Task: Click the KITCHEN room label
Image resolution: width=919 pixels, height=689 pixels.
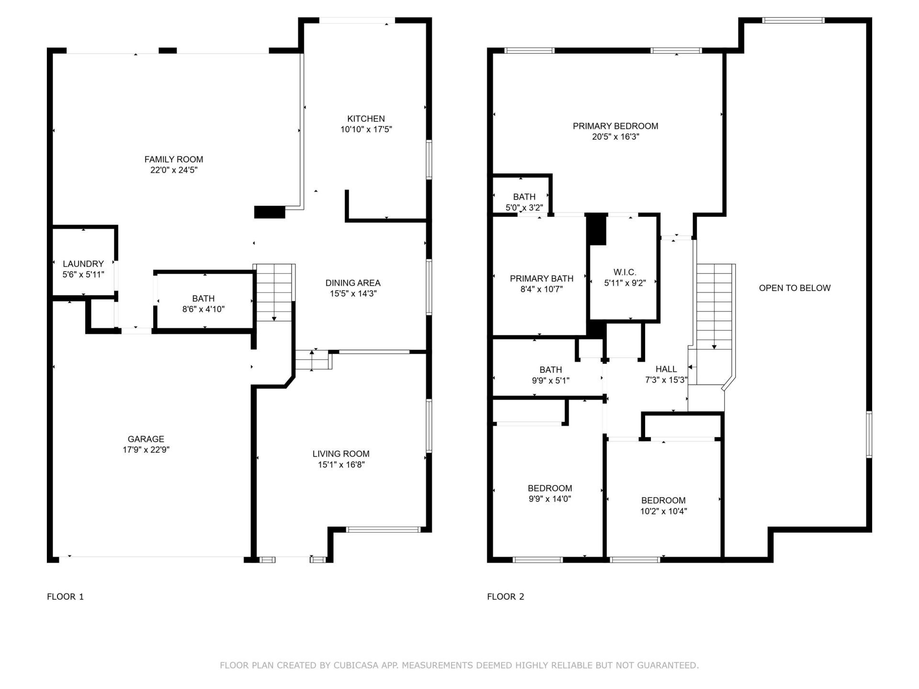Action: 366,119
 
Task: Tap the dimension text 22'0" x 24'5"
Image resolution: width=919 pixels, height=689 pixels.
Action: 174,170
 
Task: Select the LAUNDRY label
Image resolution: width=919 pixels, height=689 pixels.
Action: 83,264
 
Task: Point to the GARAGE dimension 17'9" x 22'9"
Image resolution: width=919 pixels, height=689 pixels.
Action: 146,450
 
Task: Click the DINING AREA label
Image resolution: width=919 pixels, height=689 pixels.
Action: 353,283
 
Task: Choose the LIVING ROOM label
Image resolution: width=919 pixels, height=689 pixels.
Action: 341,454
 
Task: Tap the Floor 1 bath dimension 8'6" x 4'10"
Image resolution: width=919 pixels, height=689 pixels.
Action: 203,309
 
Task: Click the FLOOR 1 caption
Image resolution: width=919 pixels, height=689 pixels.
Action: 65,597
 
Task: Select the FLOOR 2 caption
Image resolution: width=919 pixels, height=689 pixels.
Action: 505,597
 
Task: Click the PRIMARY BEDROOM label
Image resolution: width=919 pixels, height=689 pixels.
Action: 615,126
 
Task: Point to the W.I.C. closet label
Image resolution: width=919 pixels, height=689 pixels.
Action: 625,272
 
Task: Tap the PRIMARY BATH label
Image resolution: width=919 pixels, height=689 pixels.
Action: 541,278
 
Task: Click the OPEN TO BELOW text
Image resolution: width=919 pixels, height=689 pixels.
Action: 795,288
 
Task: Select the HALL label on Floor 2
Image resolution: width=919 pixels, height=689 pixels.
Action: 666,369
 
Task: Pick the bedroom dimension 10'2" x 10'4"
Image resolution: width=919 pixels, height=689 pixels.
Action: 663,511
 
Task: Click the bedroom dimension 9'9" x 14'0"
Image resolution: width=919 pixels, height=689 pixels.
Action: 549,499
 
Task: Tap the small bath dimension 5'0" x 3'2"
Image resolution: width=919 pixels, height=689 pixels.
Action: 524,208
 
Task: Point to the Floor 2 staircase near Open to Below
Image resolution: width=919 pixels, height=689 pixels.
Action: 714,306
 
